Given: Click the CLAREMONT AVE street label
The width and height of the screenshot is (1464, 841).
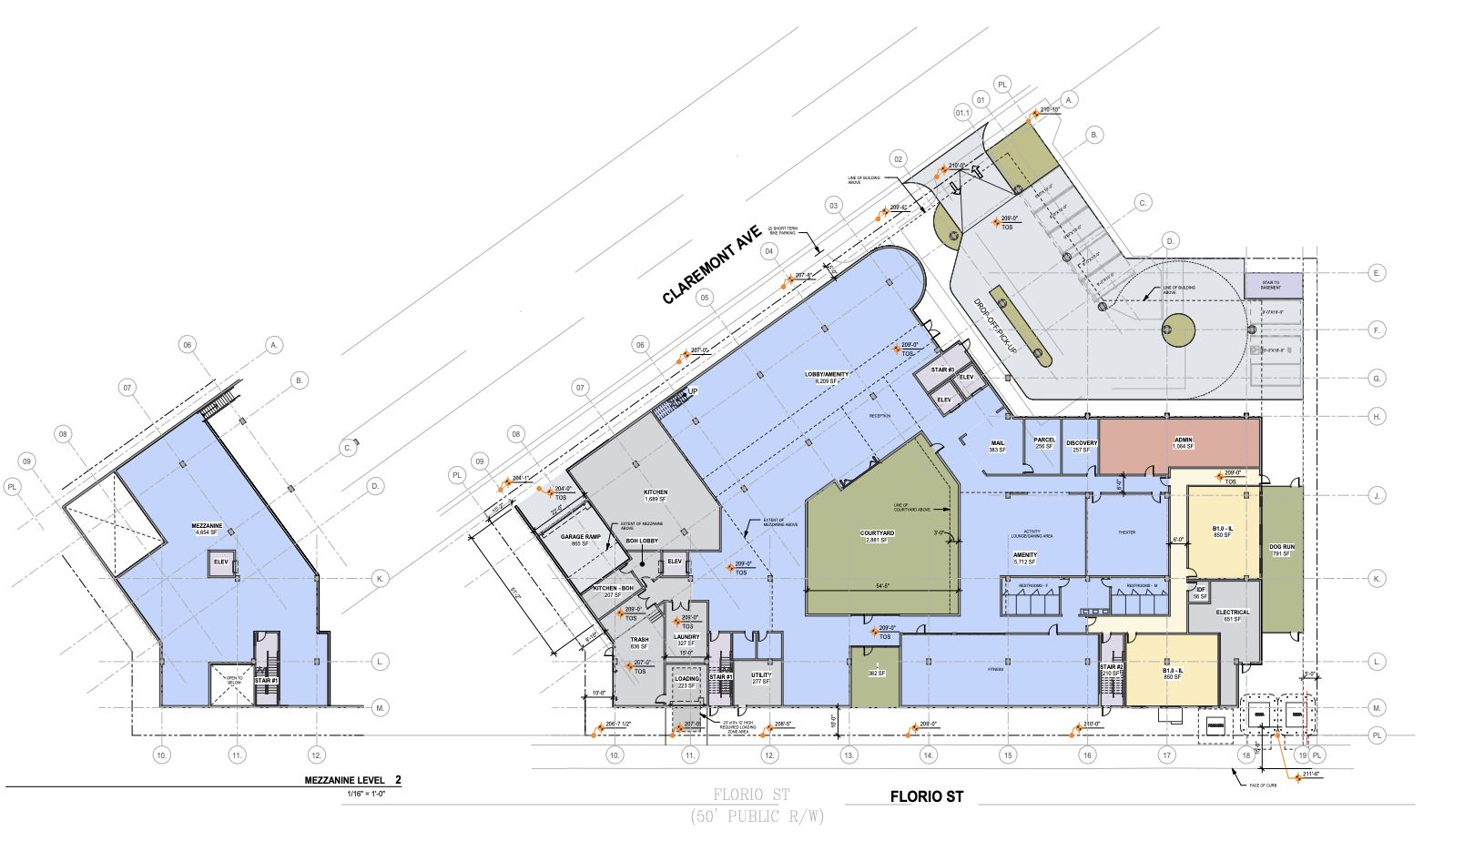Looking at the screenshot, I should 711,266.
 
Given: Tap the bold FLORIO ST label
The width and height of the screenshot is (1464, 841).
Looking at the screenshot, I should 926,796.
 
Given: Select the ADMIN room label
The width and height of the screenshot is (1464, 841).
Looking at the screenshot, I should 1183,442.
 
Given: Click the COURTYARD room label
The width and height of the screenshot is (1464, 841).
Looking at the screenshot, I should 877,536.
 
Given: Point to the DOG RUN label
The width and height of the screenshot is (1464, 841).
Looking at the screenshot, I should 1281,550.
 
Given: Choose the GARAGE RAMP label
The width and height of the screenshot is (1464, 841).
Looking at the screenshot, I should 580,539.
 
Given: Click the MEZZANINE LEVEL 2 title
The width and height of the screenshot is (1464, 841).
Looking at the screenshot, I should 352,780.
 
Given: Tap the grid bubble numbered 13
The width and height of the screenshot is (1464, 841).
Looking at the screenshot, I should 849,755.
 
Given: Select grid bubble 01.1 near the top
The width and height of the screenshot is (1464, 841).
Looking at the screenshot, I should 962,113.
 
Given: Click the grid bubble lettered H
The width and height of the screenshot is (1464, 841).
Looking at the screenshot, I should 1377,416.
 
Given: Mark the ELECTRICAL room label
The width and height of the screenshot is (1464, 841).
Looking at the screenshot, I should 1232,615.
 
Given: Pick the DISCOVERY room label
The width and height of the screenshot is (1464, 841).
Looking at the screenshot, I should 1082,446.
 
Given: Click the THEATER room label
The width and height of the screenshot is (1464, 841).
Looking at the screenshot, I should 1126,532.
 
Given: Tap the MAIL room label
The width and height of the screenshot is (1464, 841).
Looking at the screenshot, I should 997,446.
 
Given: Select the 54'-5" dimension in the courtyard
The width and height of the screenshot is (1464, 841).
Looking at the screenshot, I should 882,586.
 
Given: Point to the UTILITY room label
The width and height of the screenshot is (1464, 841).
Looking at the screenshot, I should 761,678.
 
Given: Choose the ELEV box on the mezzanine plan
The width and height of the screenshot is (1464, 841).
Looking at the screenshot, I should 221,562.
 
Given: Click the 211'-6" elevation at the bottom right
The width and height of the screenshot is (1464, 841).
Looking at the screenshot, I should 1310,775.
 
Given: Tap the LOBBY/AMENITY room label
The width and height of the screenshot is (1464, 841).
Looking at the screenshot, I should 826,377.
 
